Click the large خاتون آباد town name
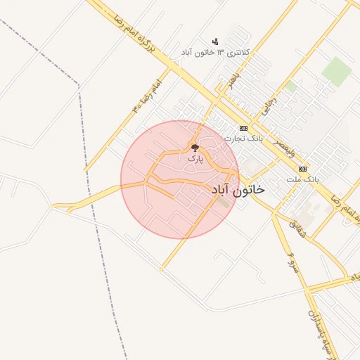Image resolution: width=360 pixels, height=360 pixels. (238, 190)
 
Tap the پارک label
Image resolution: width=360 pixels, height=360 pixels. (195, 159)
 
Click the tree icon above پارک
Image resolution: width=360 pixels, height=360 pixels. (195, 148)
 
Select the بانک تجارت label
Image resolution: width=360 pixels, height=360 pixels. (243, 139)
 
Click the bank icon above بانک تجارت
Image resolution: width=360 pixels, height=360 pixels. (243, 128)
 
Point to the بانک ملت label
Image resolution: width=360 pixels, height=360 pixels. (303, 179)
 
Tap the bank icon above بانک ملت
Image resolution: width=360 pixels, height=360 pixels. (303, 169)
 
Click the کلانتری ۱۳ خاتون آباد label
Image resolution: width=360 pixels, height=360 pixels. (215, 53)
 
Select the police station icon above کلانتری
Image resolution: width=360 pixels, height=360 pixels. (215, 41)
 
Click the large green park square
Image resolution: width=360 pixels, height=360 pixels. (337, 71)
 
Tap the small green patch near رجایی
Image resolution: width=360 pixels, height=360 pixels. (290, 86)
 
